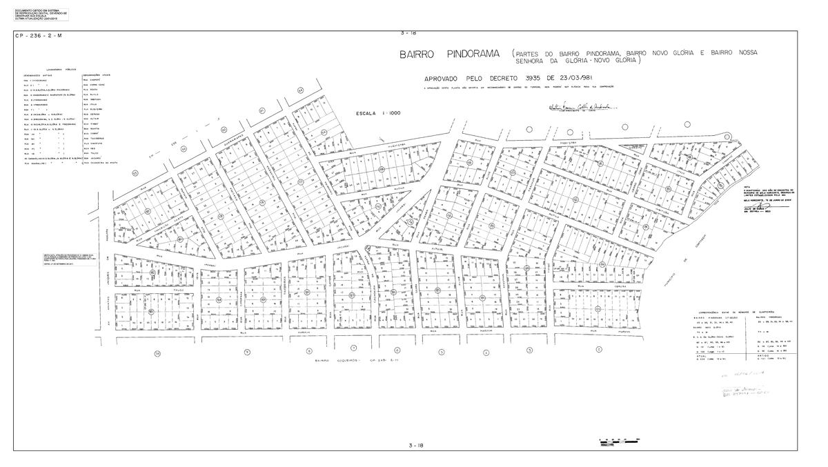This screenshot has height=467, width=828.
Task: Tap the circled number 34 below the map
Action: [x=157, y=354]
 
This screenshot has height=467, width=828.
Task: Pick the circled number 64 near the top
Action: [x=300, y=90]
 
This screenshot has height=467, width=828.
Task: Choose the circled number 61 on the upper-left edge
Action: [x=262, y=110]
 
